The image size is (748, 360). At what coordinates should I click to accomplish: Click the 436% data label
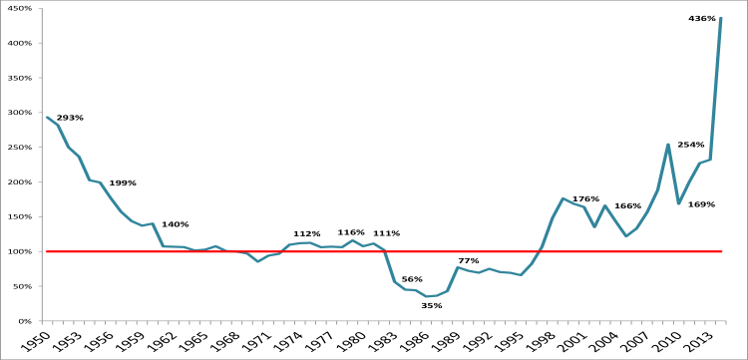coord(702,18)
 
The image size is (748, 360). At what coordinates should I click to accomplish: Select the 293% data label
coord(70,118)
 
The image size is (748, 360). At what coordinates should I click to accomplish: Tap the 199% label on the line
coord(123,182)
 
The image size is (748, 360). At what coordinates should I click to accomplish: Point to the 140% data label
coord(175,224)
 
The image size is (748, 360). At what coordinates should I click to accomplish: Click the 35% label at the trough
coord(431,305)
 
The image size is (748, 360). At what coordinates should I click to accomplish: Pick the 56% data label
coord(412,279)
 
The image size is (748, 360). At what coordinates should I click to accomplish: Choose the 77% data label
coord(468,260)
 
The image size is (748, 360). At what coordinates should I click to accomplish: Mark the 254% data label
coord(690,145)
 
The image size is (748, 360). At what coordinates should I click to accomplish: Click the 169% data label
coord(701,204)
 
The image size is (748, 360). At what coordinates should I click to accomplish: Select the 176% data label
coord(585,198)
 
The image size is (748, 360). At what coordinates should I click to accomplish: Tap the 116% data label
coord(350,232)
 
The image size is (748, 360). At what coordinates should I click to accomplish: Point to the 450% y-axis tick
coord(20,8)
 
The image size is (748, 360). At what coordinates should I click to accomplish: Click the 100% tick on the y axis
coord(20,251)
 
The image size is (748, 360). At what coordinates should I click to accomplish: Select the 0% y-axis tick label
coord(25,321)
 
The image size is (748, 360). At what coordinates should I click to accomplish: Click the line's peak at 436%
coord(721,18)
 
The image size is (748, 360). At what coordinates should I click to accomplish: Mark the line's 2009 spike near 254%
coord(668,145)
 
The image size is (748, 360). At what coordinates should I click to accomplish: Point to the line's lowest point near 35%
coord(431,296)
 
